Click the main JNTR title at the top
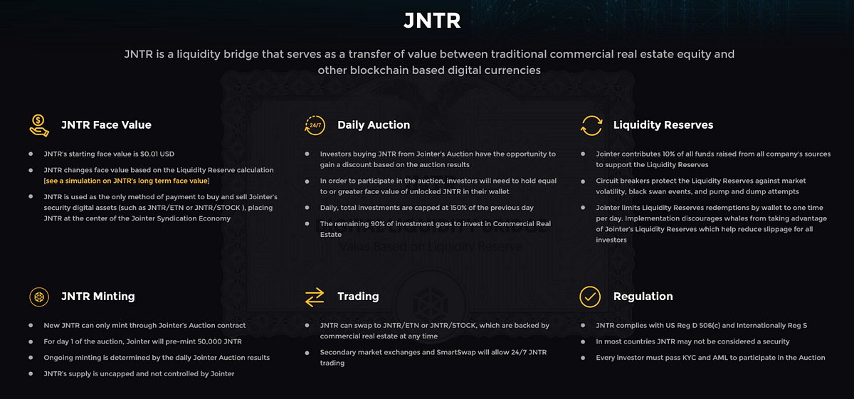[x=432, y=21]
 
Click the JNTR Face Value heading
[x=106, y=124]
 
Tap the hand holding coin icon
[x=39, y=124]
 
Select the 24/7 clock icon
[x=315, y=124]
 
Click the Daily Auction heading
[x=374, y=124]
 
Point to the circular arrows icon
[x=591, y=125]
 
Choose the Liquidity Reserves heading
[x=663, y=124]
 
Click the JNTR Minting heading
[x=97, y=296]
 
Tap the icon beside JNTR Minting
[x=39, y=297]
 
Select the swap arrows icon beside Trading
[x=315, y=297]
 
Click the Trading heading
[x=358, y=296]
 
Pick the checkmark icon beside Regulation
[x=590, y=297]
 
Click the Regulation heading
[x=643, y=296]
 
